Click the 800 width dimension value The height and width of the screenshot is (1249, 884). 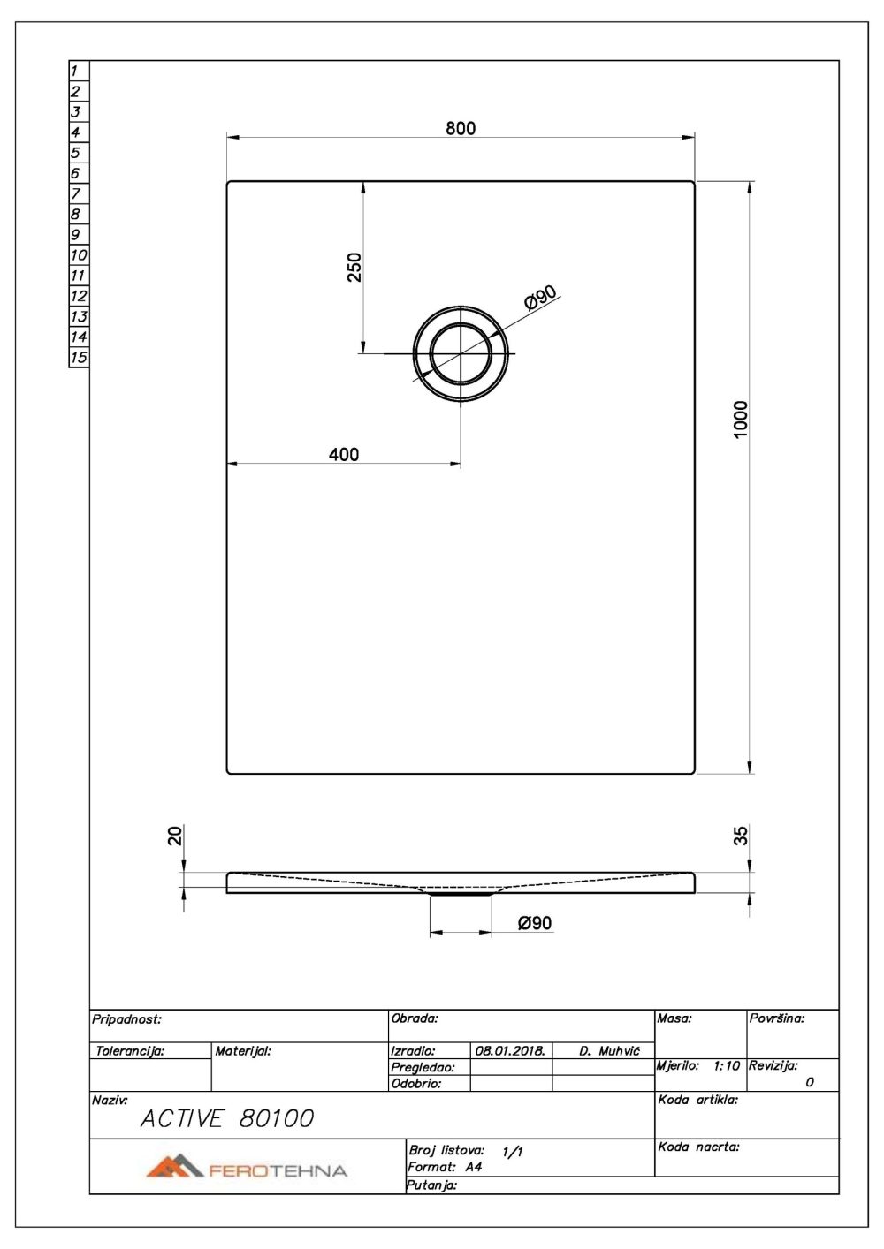point(460,128)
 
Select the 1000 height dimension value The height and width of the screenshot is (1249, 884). point(741,419)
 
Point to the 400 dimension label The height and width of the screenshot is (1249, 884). point(343,454)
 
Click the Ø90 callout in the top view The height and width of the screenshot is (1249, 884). point(539,299)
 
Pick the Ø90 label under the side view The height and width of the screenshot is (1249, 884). point(535,922)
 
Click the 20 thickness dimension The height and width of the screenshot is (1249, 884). point(175,835)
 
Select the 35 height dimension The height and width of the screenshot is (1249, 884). point(741,835)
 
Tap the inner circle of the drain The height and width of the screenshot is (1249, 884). point(460,353)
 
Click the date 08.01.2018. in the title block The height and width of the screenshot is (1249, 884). point(509,1051)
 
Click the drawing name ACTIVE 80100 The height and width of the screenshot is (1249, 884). point(226,1119)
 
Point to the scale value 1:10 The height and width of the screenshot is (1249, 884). point(726,1066)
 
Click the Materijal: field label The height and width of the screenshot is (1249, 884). point(242,1051)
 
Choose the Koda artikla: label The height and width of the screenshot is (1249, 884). point(697,1101)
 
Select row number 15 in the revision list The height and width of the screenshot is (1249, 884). point(79,358)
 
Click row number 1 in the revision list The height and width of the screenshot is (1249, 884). point(76,71)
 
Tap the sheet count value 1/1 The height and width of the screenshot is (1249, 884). point(512,1152)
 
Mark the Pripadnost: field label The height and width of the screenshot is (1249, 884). point(126,1019)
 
